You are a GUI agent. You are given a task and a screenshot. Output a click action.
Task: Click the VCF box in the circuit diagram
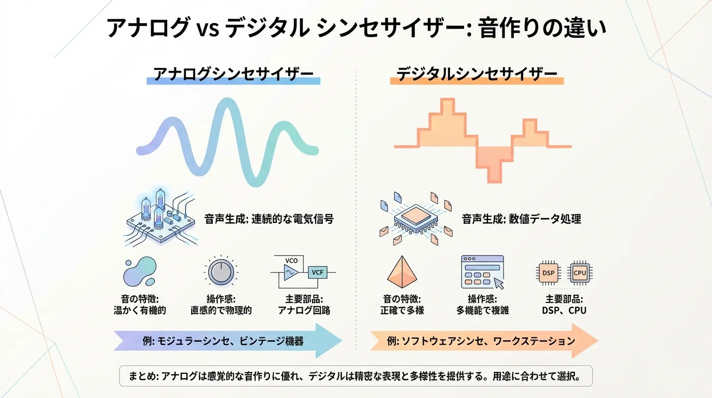click(316, 273)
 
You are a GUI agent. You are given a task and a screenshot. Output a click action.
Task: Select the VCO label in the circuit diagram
click(291, 260)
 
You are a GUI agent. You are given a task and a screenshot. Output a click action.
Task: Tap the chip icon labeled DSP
click(547, 273)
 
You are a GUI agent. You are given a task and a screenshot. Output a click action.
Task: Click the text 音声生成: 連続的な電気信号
click(269, 219)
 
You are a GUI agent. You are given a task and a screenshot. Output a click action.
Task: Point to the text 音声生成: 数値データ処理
click(521, 219)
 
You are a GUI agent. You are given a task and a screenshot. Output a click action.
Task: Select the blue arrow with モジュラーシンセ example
click(228, 341)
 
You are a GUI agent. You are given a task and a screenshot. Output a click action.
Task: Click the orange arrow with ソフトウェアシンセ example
click(484, 341)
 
